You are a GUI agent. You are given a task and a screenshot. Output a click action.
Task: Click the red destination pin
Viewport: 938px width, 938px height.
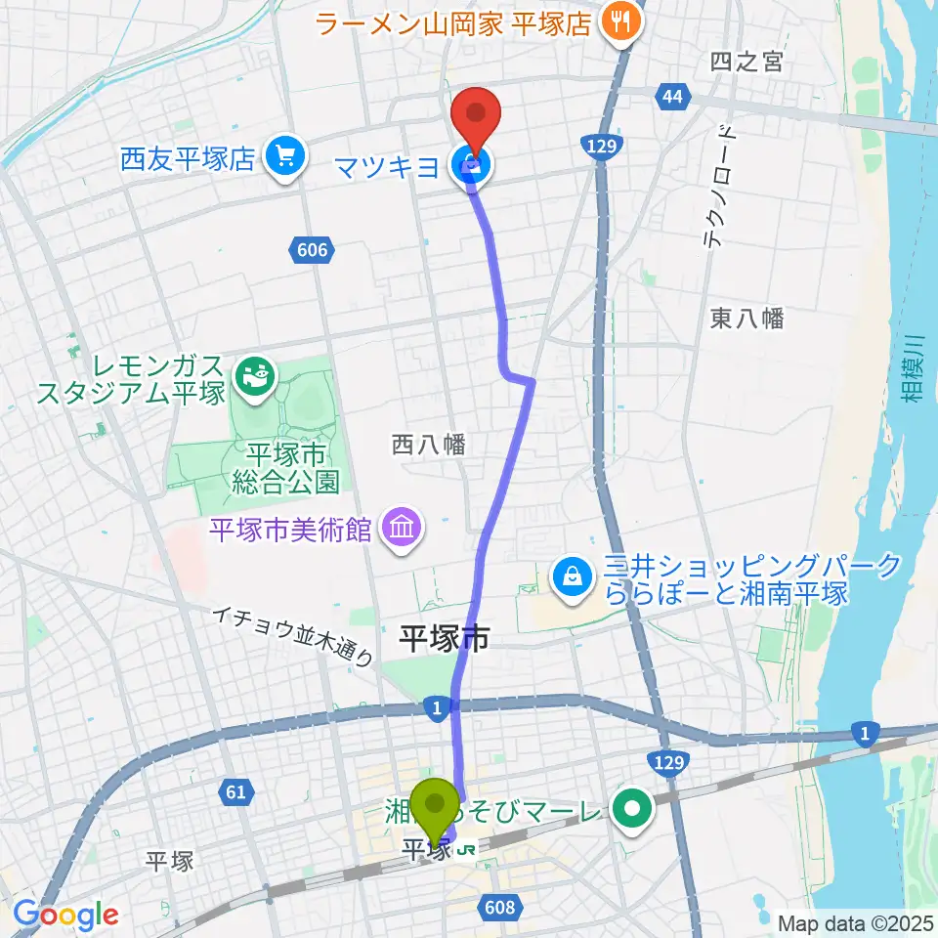(x=476, y=115)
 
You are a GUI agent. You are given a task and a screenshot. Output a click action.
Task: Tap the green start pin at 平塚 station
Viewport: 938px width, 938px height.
(x=434, y=807)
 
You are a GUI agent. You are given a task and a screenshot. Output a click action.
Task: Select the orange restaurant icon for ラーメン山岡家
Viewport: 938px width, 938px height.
(x=619, y=21)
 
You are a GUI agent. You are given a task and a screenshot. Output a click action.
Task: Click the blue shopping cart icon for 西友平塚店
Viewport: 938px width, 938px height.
(x=283, y=157)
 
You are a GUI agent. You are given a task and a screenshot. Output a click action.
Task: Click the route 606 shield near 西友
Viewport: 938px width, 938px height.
(x=309, y=251)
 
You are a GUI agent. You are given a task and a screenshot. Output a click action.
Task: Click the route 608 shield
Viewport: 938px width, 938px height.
(x=498, y=909)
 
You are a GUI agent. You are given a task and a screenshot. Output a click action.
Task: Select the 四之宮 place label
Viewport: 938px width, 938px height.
(x=747, y=62)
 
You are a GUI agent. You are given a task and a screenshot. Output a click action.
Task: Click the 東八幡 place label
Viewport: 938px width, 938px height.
(x=747, y=318)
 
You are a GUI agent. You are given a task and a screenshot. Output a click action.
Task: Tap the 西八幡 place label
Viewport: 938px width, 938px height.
(x=429, y=445)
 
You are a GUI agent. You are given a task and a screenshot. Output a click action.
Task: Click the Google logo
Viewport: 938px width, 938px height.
(x=65, y=915)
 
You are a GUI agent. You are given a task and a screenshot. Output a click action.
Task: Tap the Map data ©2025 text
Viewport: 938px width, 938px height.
(x=857, y=922)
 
